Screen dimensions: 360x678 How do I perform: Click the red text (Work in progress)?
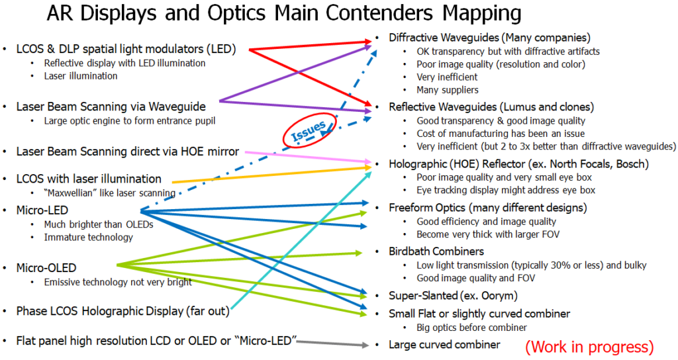[589, 346]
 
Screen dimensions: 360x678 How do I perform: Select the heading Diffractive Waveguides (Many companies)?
[489, 38]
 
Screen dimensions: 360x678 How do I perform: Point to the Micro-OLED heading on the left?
[46, 268]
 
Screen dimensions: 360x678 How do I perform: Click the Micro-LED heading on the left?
[43, 210]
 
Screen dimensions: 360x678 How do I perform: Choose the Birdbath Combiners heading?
[436, 251]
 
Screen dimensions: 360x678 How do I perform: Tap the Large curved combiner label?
[444, 344]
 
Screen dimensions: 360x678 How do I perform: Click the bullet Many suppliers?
[447, 90]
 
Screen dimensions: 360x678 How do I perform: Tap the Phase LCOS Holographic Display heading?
[123, 310]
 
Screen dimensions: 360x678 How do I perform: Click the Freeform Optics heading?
[488, 208]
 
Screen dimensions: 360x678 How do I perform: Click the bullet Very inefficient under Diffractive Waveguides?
[447, 77]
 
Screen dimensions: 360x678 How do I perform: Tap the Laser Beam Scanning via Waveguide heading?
[111, 106]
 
